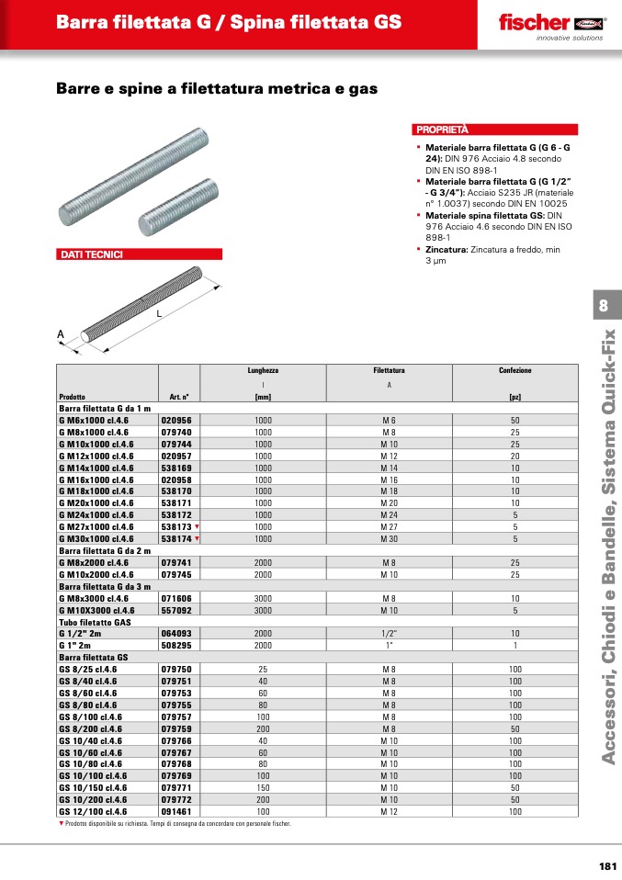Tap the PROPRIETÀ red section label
pos(442,130)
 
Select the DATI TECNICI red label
pos(91,254)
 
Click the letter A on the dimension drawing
pos(62,334)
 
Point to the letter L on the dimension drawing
pos(158,313)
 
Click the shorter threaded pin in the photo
pos(180,208)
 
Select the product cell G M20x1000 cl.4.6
pos(96,502)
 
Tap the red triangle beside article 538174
pos(197,538)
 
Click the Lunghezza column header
pos(263,370)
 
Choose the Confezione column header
pos(515,370)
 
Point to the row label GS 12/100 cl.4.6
pos(93,812)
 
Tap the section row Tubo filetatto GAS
pos(96,622)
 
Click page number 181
pos(606,865)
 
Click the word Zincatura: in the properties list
pos(447,249)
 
